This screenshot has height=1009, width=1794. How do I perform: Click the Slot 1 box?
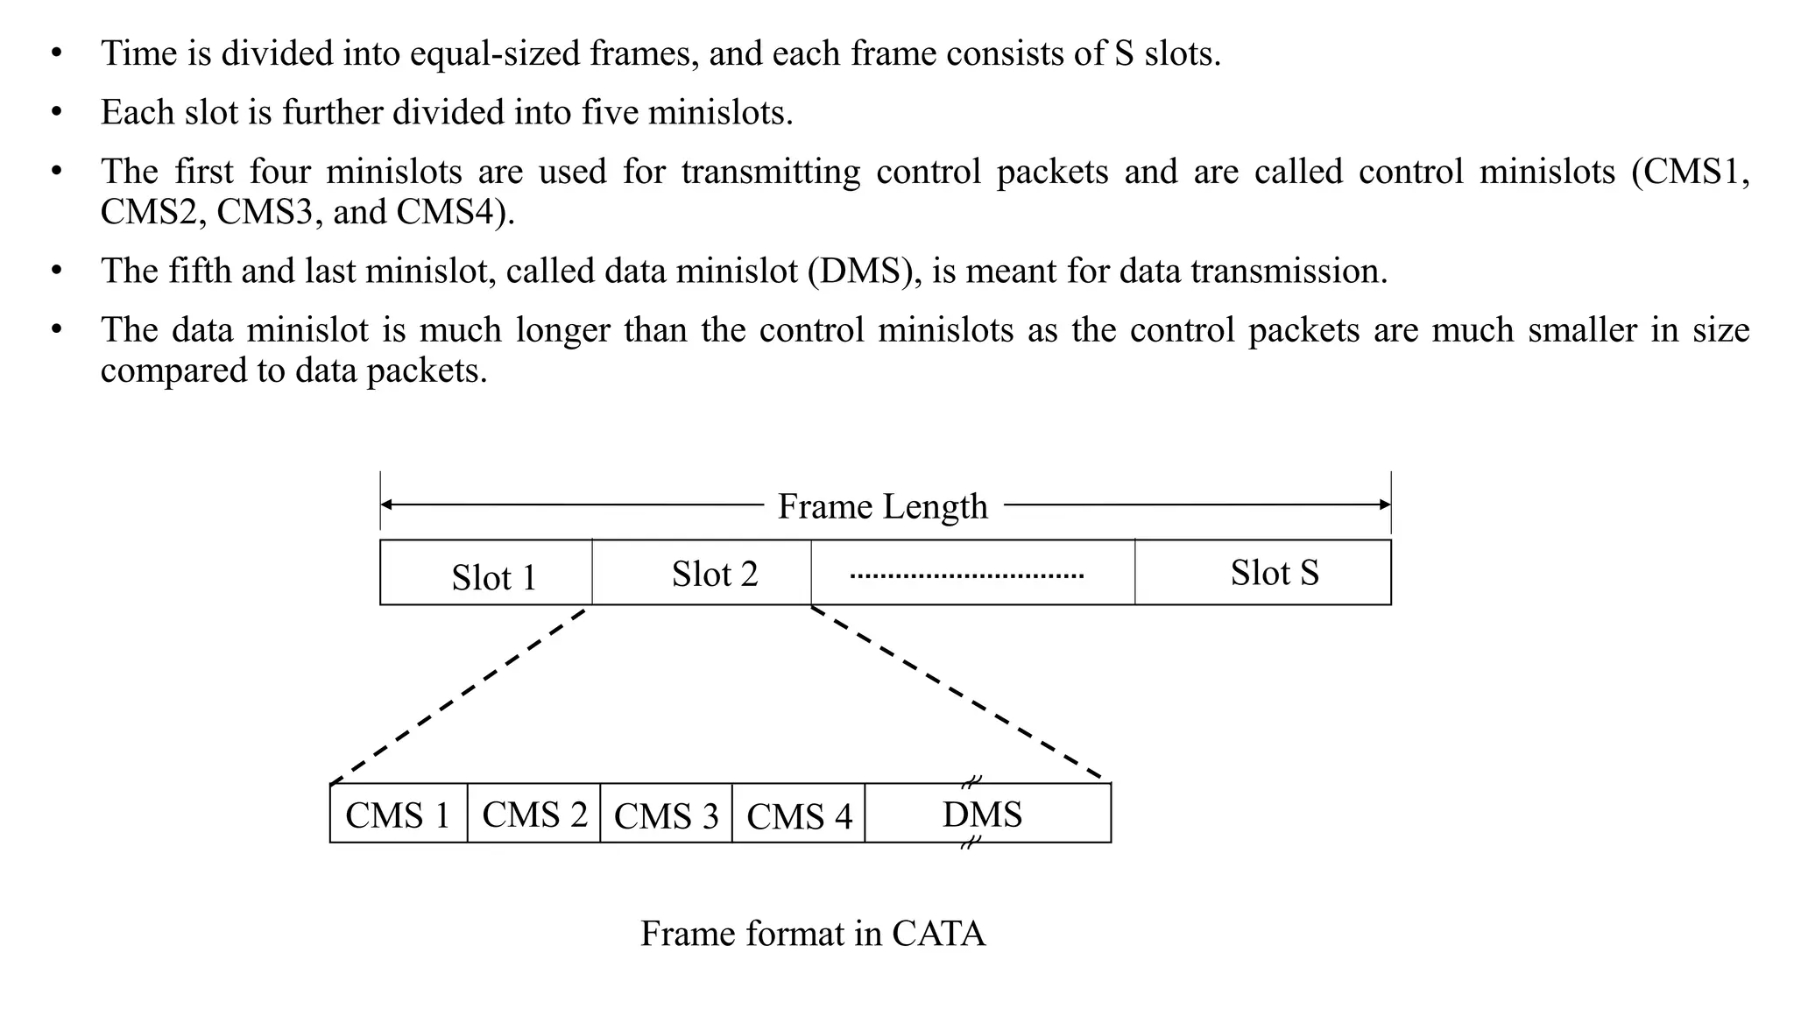[x=486, y=573]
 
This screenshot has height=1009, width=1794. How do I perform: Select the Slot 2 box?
[x=702, y=573]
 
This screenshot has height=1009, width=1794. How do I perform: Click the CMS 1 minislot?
[x=399, y=814]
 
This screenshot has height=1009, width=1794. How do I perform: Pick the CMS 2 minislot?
[x=534, y=814]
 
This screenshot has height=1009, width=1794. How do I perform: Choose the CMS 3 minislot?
[x=666, y=815]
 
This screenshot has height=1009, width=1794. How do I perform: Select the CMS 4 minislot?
[x=799, y=815]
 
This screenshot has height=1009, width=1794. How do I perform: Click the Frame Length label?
[x=882, y=506]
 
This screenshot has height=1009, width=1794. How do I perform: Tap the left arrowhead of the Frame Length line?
[x=386, y=504]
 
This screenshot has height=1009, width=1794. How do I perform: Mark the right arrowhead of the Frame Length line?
[x=1385, y=504]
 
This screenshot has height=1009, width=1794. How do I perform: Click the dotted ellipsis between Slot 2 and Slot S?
[x=967, y=576]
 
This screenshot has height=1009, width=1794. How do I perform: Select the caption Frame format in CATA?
[x=813, y=934]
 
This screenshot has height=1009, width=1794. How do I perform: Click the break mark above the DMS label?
[x=971, y=781]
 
